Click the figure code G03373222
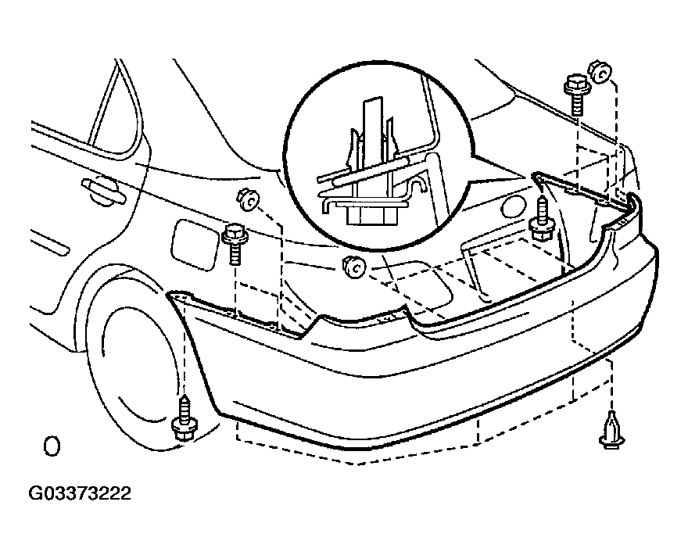pyautogui.click(x=80, y=493)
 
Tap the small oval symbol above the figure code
pyautogui.click(x=52, y=446)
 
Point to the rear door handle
pyautogui.click(x=103, y=192)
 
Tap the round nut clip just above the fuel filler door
pyautogui.click(x=248, y=199)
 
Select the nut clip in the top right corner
pyautogui.click(x=600, y=72)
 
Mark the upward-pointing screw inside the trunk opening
pyautogui.click(x=543, y=218)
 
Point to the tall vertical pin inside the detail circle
pyautogui.click(x=372, y=141)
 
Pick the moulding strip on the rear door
pyautogui.click(x=49, y=242)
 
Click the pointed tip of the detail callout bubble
pyautogui.click(x=525, y=177)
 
